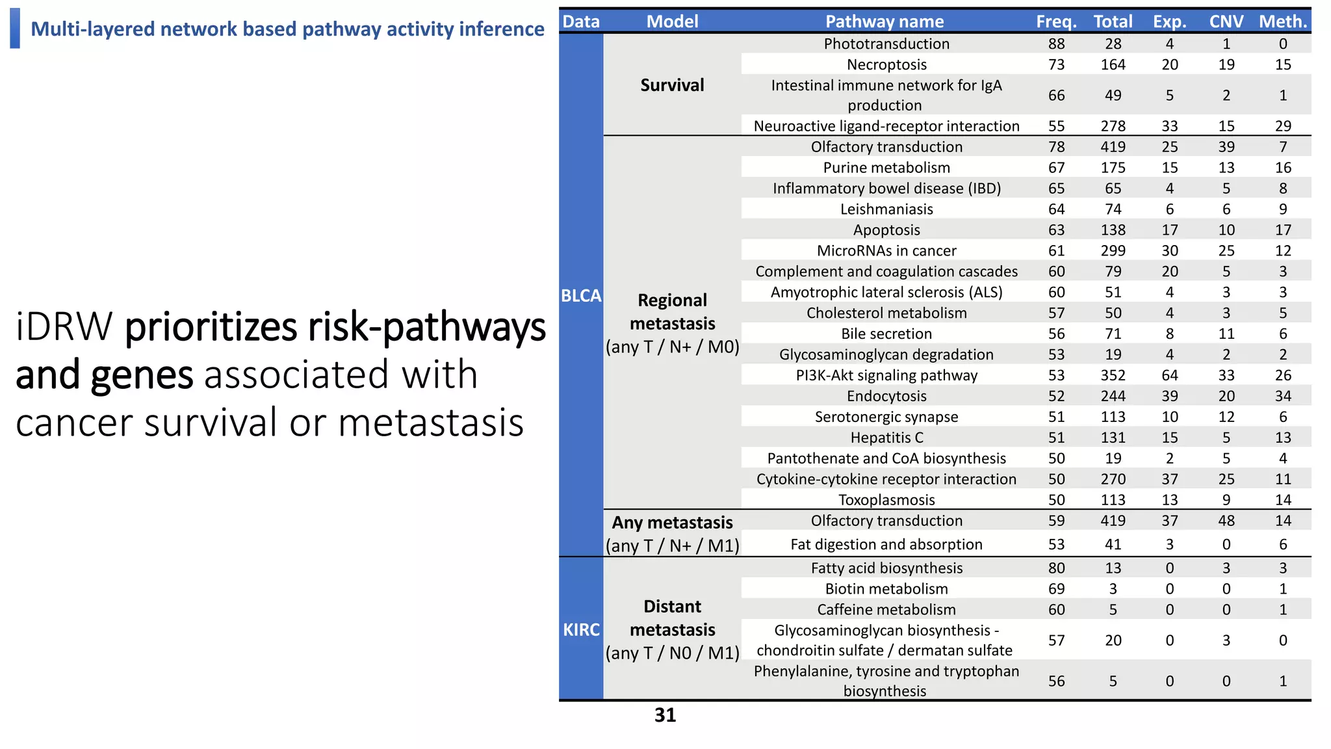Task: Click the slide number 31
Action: pyautogui.click(x=665, y=715)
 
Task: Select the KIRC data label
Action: pyautogui.click(x=581, y=629)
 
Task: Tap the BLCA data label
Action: pyautogui.click(x=581, y=296)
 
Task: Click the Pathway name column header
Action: pyautogui.click(x=885, y=21)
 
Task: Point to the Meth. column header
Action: pyautogui.click(x=1282, y=21)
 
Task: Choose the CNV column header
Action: pyautogui.click(x=1226, y=21)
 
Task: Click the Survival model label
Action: pyautogui.click(x=672, y=85)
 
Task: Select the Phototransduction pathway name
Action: pyautogui.click(x=886, y=44)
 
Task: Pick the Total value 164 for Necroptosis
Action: pyautogui.click(x=1113, y=64)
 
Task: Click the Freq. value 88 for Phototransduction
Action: pyautogui.click(x=1056, y=44)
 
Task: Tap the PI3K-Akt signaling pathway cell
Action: pyautogui.click(x=886, y=375)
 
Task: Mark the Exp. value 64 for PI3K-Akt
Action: pyautogui.click(x=1169, y=375)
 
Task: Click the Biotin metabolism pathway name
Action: pyautogui.click(x=886, y=588)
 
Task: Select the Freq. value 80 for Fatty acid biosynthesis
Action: pyautogui.click(x=1056, y=568)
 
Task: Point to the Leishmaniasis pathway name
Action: pyautogui.click(x=886, y=209)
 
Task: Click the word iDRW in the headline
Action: pyautogui.click(x=64, y=326)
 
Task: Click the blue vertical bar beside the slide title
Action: pyautogui.click(x=15, y=28)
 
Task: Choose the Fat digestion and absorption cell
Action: pyautogui.click(x=886, y=544)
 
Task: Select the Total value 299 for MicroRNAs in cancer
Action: pyautogui.click(x=1113, y=250)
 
